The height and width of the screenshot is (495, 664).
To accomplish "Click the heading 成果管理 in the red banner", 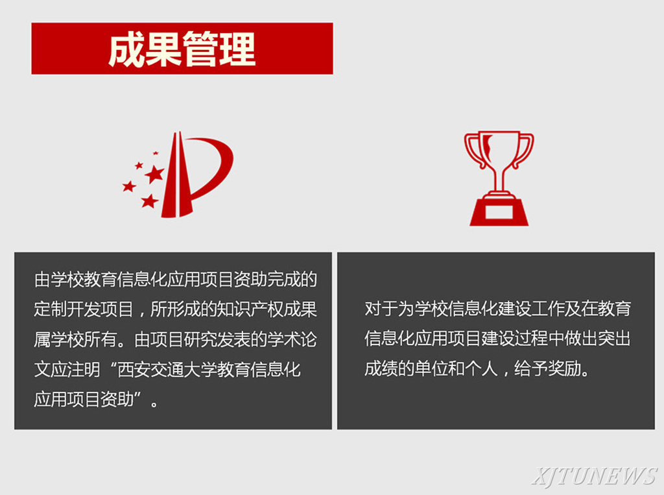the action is (x=182, y=49).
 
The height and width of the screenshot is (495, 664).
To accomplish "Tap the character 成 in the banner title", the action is (x=126, y=49).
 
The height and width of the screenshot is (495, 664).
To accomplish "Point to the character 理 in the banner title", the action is (x=237, y=49).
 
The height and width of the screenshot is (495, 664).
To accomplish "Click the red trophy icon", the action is (x=499, y=178).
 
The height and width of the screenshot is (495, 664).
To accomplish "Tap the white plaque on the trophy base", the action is (x=499, y=211).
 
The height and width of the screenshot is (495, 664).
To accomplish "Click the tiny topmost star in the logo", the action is (x=156, y=153).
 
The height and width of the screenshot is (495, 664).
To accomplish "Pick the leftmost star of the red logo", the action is (x=129, y=186).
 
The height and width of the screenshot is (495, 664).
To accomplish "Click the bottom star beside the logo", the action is (x=150, y=201).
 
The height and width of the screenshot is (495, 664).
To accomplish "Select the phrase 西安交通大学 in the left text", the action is (x=167, y=369).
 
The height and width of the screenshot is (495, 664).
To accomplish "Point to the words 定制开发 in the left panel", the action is (x=67, y=309).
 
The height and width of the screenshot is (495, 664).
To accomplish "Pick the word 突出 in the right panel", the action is (x=614, y=338).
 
